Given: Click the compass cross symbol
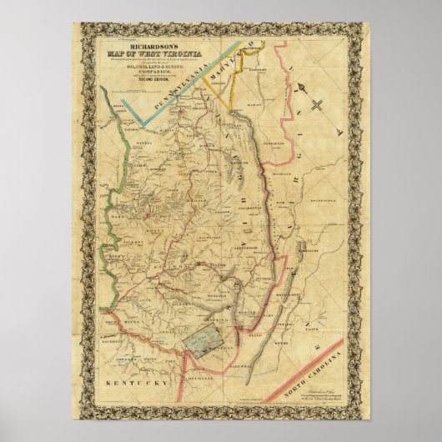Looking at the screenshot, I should point(318,104).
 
